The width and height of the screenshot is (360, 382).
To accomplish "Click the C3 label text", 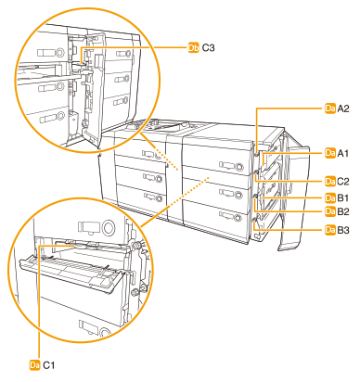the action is [x=208, y=48].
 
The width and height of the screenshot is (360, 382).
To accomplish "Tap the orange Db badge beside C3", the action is [x=194, y=48].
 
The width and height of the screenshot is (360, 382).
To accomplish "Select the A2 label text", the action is [x=343, y=108].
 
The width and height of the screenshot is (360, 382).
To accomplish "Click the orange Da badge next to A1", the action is [x=330, y=153].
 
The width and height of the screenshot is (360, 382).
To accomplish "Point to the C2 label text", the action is [x=343, y=182].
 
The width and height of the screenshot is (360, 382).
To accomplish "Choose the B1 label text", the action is [x=343, y=197].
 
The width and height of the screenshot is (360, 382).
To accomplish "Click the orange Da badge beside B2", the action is [x=330, y=211].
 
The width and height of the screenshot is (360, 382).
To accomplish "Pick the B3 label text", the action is [x=343, y=230].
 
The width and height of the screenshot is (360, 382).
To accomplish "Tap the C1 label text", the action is [x=48, y=365].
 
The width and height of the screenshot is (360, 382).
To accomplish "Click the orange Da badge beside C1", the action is [x=35, y=365].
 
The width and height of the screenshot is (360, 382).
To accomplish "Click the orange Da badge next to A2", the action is [x=330, y=108].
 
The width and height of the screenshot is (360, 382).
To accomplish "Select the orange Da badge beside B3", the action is [x=330, y=230].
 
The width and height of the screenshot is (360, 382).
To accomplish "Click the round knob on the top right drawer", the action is [x=239, y=167].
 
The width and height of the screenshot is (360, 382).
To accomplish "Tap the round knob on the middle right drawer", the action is [x=238, y=195].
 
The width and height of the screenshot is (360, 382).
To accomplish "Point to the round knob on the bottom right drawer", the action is [x=238, y=218].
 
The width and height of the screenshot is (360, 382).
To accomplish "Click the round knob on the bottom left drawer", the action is [x=160, y=198].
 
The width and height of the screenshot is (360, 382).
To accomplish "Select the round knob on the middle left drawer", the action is [x=159, y=179].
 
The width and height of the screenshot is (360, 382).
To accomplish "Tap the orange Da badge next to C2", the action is [x=330, y=182].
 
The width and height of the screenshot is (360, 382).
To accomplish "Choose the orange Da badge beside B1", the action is [x=330, y=197].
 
